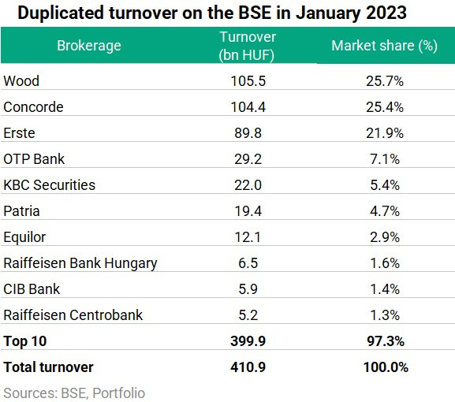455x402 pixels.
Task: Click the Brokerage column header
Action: pyautogui.click(x=89, y=46)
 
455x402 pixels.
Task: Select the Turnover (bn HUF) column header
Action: pyautogui.click(x=248, y=46)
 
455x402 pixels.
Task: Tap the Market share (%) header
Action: pyautogui.click(x=385, y=46)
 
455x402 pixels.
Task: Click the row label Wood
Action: pyautogui.click(x=21, y=80)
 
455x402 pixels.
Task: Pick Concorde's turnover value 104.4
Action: pyautogui.click(x=248, y=106)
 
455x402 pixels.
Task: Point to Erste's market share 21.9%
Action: pyautogui.click(x=385, y=133)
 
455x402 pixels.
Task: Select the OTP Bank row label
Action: pyautogui.click(x=34, y=159)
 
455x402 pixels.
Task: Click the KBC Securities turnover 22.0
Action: pyautogui.click(x=248, y=184)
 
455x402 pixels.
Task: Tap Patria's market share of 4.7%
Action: pyautogui.click(x=385, y=211)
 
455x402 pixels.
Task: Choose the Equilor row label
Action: pyautogui.click(x=24, y=237)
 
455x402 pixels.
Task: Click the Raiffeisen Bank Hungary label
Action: pyautogui.click(x=80, y=263)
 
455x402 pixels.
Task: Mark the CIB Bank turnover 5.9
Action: pyautogui.click(x=248, y=288)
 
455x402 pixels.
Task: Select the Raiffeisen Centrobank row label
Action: pyautogui.click(x=73, y=315)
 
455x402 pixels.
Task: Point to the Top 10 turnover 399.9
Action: pyautogui.click(x=248, y=341)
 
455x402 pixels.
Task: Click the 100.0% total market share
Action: pyautogui.click(x=386, y=367)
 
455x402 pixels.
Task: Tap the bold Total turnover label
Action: pyautogui.click(x=48, y=367)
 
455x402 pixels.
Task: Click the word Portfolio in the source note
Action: pyautogui.click(x=119, y=393)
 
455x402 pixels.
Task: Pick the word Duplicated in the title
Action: pyautogui.click(x=61, y=13)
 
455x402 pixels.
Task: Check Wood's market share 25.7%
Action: pyautogui.click(x=385, y=80)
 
